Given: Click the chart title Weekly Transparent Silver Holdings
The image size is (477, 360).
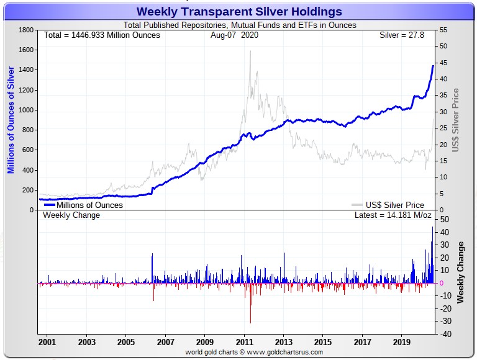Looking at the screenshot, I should (x=239, y=11).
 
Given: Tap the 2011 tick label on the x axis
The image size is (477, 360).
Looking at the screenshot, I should (x=244, y=342).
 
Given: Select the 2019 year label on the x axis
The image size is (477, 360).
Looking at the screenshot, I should (x=402, y=342).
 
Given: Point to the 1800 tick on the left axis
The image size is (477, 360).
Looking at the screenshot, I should (x=25, y=30).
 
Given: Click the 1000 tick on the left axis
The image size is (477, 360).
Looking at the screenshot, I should (x=25, y=110).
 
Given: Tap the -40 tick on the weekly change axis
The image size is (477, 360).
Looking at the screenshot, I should (x=445, y=335).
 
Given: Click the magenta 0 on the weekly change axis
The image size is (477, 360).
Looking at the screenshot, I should (x=442, y=283).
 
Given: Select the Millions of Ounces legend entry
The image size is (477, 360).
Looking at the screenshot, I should (x=89, y=205).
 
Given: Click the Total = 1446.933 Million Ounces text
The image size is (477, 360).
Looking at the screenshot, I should (x=102, y=35).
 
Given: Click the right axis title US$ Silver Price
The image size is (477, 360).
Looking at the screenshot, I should (x=456, y=120).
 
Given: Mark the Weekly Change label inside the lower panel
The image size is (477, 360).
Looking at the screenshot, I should (x=71, y=215).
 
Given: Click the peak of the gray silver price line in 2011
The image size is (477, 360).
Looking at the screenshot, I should (x=250, y=51).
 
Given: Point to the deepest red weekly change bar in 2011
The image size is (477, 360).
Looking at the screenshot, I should (x=251, y=322).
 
